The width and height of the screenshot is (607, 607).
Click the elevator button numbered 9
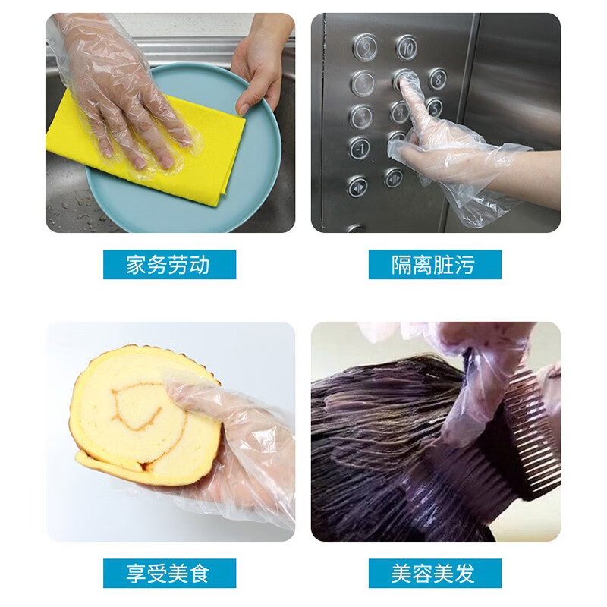pos(365,47)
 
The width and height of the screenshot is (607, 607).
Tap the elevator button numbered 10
pos(407,47)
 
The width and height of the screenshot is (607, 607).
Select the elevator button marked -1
pos(360,148)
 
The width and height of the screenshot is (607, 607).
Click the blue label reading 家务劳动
pos(169,265)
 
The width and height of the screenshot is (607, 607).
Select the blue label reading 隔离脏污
pos(435,265)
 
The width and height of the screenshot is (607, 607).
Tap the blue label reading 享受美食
pos(169,574)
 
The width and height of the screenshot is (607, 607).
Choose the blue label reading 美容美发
pos(435,574)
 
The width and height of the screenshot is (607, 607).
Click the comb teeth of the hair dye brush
pos(531,440)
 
